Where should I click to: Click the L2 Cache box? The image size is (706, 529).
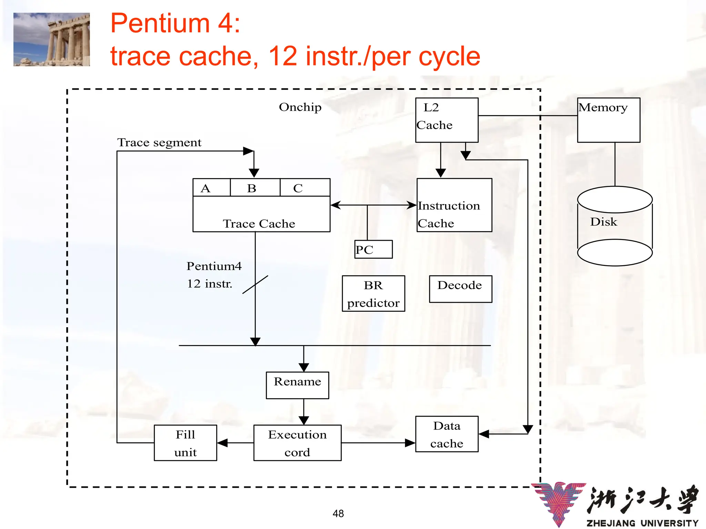click(x=446, y=120)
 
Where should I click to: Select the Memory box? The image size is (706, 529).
click(x=608, y=120)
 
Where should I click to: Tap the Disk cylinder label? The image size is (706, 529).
click(x=604, y=222)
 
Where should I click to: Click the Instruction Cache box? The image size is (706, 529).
click(x=454, y=205)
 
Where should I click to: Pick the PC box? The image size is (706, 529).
click(x=373, y=249)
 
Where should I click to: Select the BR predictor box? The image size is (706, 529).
click(x=373, y=293)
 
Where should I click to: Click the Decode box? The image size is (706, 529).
click(x=460, y=289)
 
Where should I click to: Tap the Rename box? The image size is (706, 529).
click(x=297, y=385)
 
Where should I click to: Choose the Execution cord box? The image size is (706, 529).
click(x=297, y=443)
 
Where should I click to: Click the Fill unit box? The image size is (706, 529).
click(x=185, y=443)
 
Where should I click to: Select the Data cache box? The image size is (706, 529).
click(x=447, y=434)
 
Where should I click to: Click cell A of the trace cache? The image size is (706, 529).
click(x=211, y=188)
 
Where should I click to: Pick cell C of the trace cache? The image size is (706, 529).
click(x=305, y=188)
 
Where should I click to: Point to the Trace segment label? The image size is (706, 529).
click(x=159, y=143)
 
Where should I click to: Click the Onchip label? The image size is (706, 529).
click(x=300, y=107)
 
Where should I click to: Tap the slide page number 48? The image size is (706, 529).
click(x=338, y=514)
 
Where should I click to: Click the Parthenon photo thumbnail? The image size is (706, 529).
click(x=52, y=39)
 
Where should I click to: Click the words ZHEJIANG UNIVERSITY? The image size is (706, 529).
click(x=642, y=523)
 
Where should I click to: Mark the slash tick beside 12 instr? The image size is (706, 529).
click(x=255, y=284)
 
